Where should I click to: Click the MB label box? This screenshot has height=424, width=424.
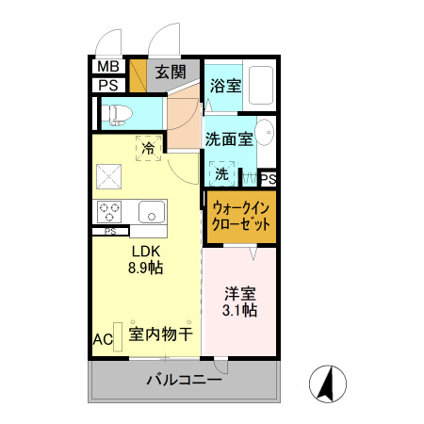point(108,67)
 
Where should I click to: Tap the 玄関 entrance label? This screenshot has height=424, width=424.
point(171,72)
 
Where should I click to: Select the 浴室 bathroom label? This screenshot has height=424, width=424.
point(225,85)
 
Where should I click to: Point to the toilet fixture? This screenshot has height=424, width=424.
point(120,115)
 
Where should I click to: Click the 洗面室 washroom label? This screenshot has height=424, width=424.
point(228,139)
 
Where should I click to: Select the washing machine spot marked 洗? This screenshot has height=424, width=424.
point(222,173)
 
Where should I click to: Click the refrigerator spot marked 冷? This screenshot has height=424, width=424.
point(149,146)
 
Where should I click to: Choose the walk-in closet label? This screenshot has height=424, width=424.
point(242,217)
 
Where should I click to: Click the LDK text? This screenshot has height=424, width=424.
point(145,252)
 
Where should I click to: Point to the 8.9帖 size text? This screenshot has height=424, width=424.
point(145,269)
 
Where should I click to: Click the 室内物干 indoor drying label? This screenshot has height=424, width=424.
point(161,334)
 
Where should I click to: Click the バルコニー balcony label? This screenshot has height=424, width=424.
point(185,382)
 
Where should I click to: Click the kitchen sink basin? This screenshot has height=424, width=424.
point(150,212)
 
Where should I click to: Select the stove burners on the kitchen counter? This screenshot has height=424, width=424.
point(107,212)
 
